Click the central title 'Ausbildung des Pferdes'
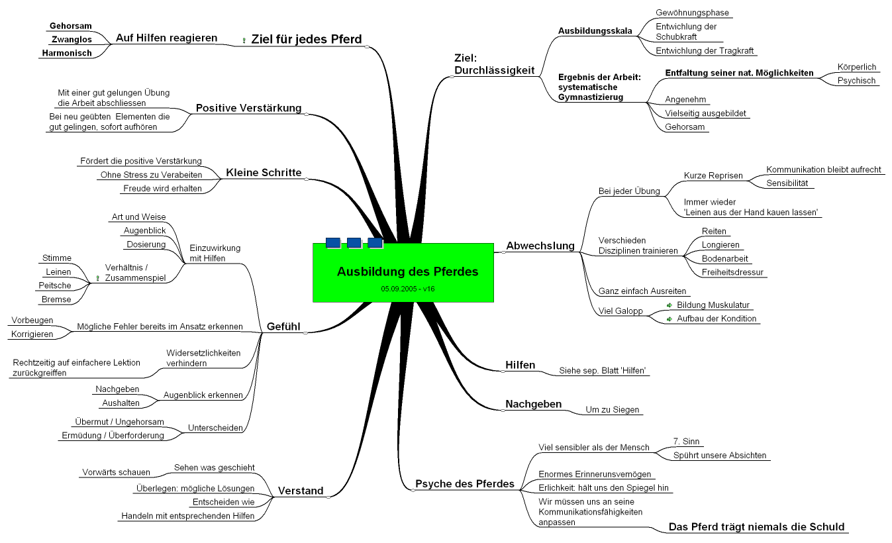click(407, 271)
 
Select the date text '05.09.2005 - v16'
click(407, 289)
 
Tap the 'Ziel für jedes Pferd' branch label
click(306, 39)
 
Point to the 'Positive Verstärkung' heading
click(248, 108)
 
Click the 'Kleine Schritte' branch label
click(264, 173)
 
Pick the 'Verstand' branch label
click(301, 491)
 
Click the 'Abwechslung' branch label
click(540, 246)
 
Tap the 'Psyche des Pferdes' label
click(464, 483)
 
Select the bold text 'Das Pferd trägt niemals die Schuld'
click(756, 527)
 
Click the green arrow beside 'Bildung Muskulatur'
click(669, 305)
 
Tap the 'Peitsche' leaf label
click(55, 285)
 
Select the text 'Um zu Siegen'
click(613, 409)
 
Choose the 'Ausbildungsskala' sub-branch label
click(595, 31)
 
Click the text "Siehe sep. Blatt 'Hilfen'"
click(602, 370)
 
